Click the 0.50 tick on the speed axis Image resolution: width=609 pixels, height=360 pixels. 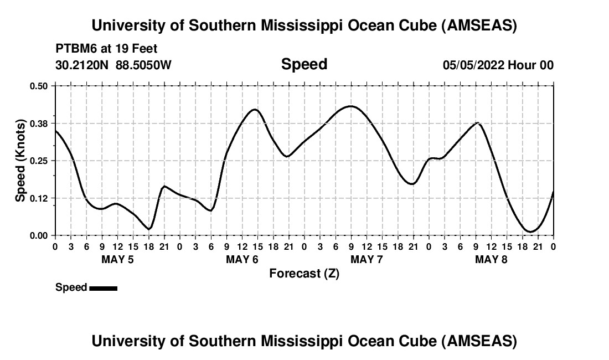click(39, 86)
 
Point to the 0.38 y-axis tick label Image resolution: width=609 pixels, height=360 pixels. click(39, 123)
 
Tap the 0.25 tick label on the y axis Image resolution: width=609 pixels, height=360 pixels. click(39, 161)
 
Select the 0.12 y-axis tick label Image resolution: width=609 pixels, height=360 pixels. click(39, 198)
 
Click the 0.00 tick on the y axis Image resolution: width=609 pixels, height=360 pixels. click(39, 235)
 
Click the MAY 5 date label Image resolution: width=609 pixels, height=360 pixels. click(117, 260)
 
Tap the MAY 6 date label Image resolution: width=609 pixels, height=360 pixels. click(242, 260)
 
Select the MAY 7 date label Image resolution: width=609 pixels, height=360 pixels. click(367, 260)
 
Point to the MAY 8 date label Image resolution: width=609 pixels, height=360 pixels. click(491, 260)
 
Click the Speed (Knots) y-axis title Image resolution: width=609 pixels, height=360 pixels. click(20, 160)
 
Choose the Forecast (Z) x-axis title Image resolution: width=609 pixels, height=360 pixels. click(304, 274)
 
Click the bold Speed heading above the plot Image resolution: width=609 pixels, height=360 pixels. click(304, 64)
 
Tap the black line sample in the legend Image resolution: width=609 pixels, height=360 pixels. click(103, 288)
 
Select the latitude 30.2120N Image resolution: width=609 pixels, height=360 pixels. click(82, 65)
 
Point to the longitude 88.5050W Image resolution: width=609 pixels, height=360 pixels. click(143, 65)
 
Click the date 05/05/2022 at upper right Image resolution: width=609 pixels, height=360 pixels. click(473, 65)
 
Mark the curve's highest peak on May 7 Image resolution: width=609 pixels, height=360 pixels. click(350, 106)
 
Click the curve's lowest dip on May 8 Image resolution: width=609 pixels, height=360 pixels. click(530, 232)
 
